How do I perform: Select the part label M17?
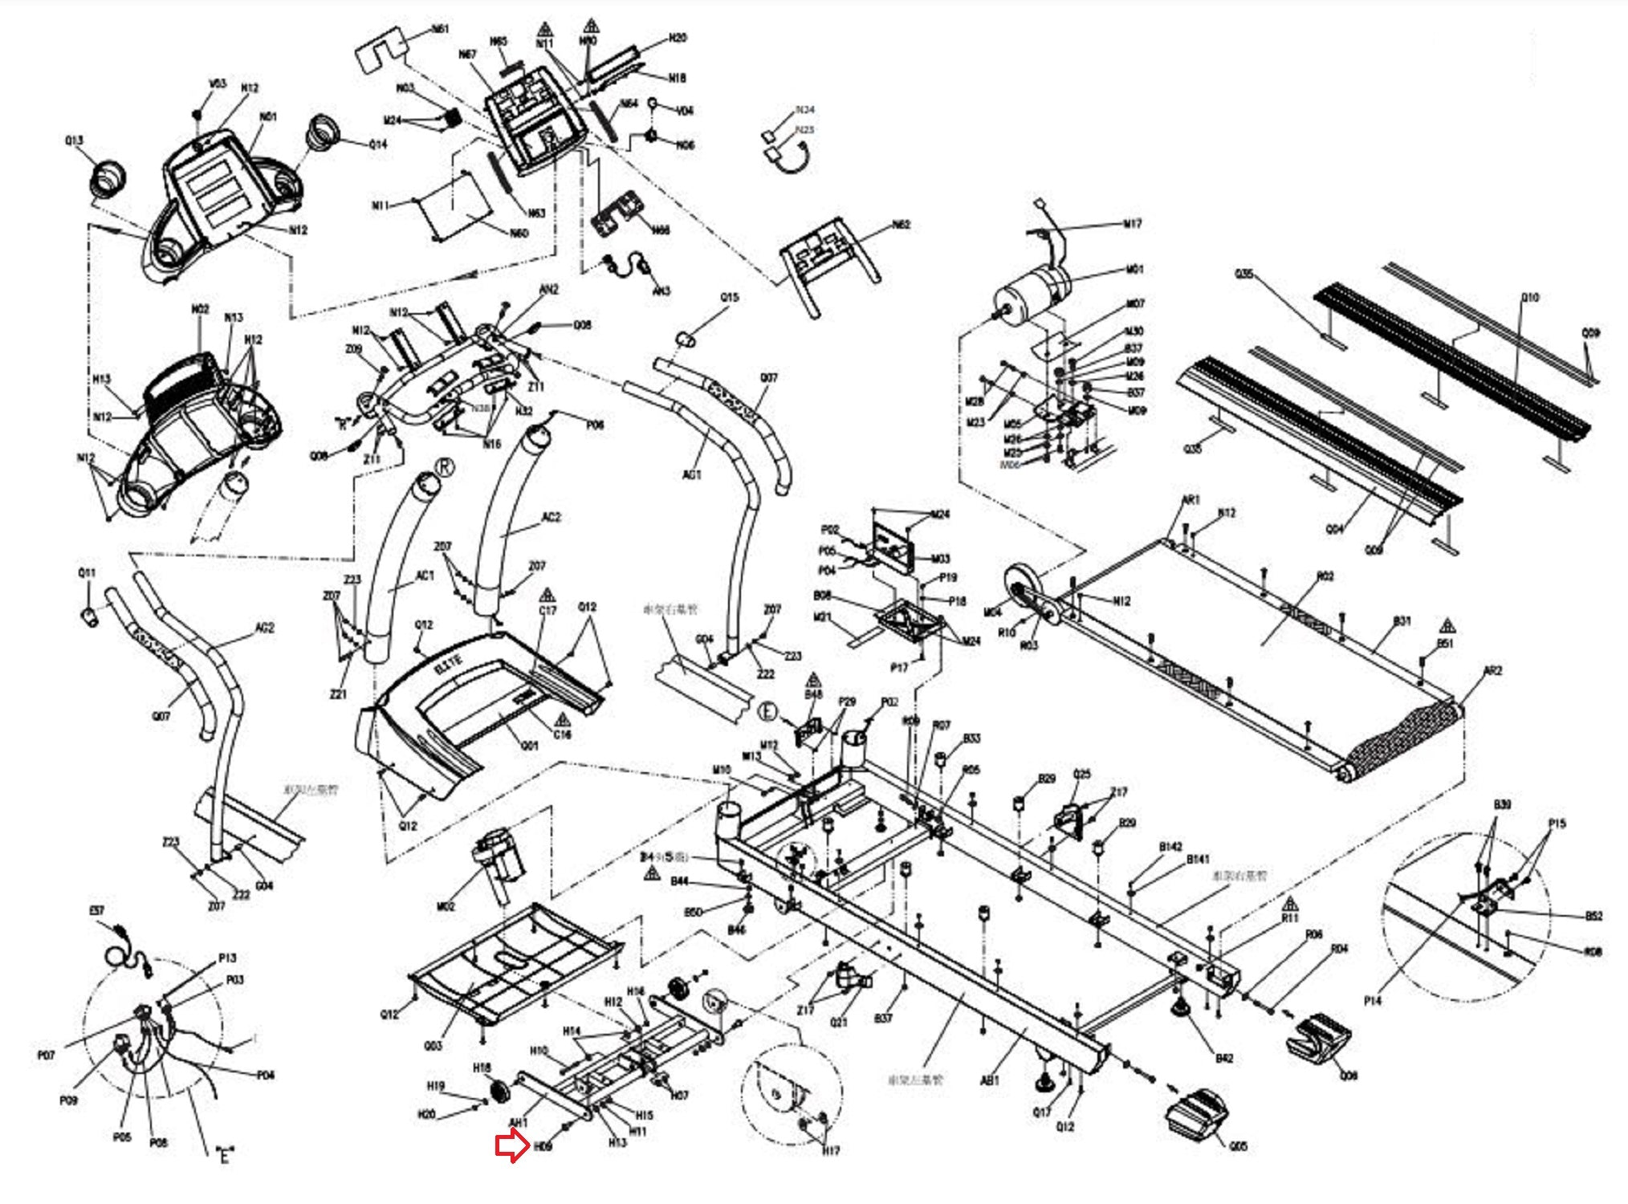click(x=1131, y=224)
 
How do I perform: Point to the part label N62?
click(x=901, y=225)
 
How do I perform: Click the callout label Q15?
click(x=729, y=298)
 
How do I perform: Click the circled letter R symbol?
click(x=444, y=467)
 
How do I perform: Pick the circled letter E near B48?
click(x=768, y=711)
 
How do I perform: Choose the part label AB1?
click(x=990, y=1080)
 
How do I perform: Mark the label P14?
click(x=1372, y=1001)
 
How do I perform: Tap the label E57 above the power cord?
click(x=96, y=911)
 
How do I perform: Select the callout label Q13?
click(x=74, y=140)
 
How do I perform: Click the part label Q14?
click(x=377, y=144)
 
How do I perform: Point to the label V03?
click(x=218, y=83)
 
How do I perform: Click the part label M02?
click(x=446, y=906)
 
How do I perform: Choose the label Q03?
click(x=433, y=1046)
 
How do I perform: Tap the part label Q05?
click(x=1238, y=1146)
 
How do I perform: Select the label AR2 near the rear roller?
click(x=1492, y=671)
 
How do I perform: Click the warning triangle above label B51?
click(x=1447, y=625)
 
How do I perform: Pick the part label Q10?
click(x=1530, y=298)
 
